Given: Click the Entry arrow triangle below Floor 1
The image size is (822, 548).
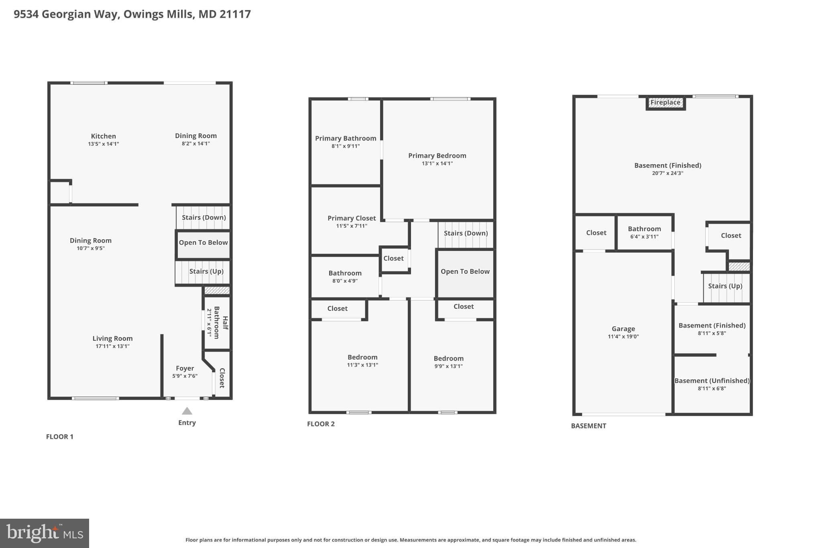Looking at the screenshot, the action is point(187,411).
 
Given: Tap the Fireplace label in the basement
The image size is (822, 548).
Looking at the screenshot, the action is point(665,102).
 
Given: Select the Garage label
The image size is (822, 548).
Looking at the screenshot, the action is point(623,329).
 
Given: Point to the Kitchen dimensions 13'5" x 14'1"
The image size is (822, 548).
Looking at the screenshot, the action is point(104,144).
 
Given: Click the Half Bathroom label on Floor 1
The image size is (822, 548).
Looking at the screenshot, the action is point(221,322).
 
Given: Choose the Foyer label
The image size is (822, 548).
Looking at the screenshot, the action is point(185,368).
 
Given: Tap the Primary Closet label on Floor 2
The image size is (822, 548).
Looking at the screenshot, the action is point(352,218).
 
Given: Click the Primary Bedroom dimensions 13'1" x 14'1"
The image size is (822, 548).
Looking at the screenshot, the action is point(437,163).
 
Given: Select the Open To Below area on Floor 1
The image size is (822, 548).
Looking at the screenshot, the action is point(203,244).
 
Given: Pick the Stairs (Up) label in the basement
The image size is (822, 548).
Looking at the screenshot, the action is point(725,286).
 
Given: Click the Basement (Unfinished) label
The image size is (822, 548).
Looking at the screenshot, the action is point(712,381).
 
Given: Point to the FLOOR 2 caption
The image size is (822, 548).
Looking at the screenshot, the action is point(321,424).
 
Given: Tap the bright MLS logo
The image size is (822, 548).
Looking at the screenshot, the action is point(45,533).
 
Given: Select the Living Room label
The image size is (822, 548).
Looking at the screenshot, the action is point(112,338).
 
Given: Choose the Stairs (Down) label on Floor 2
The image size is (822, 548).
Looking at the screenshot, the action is point(466,233).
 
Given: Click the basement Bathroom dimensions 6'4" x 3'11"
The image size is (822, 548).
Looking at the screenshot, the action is point(644,237).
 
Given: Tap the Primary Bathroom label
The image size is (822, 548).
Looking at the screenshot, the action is point(346,139).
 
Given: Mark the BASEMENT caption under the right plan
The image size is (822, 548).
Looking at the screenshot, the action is point(588,426).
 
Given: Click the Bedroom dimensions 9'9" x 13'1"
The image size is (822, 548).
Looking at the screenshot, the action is point(448,366).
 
